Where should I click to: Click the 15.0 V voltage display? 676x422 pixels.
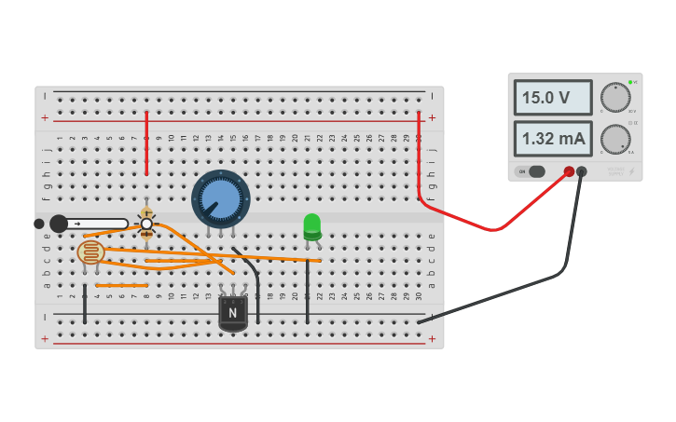552,98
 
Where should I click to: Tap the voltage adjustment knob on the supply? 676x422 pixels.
614,97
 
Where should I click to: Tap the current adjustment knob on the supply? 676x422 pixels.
614,139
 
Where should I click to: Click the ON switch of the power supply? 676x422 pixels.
531,171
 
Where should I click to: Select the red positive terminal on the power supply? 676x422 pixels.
569,171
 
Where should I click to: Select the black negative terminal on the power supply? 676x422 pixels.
582,171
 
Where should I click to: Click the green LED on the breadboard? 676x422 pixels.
311,225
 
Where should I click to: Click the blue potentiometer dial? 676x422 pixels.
221,197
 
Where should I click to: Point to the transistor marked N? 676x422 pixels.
232,313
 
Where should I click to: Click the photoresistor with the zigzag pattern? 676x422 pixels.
90,252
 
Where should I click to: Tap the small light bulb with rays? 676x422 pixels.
146,224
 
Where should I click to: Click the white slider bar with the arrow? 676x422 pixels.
93,224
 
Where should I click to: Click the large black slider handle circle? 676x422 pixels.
59,224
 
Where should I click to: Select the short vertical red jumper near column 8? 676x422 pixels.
146,143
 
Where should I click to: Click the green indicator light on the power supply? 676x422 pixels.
630,82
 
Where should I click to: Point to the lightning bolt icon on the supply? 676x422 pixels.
631,171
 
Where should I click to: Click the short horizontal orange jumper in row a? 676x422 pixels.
122,285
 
